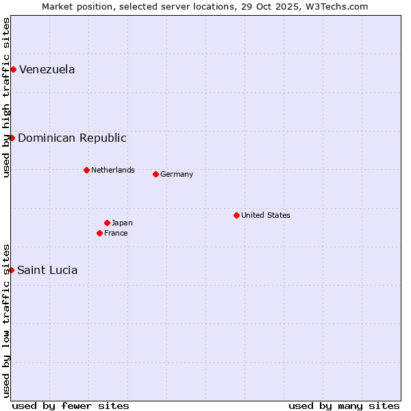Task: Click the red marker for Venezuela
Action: pyautogui.click(x=13, y=69)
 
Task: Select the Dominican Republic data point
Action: pyautogui.click(x=12, y=138)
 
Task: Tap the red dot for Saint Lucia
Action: pyautogui.click(x=11, y=270)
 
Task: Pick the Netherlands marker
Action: pyautogui.click(x=86, y=170)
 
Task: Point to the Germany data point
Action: pyautogui.click(x=155, y=174)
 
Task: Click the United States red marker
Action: pyautogui.click(x=236, y=215)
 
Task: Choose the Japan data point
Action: pyautogui.click(x=107, y=223)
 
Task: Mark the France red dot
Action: pyautogui.click(x=99, y=233)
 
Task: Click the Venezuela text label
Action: pyautogui.click(x=47, y=69)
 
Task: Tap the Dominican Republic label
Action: pyautogui.click(x=72, y=138)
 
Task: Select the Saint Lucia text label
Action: pyautogui.click(x=47, y=270)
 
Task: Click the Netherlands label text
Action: pyautogui.click(x=113, y=170)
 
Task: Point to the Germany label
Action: pyautogui.click(x=177, y=174)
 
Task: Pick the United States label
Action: pyautogui.click(x=266, y=215)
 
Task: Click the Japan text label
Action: pyautogui.click(x=122, y=223)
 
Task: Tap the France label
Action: pyautogui.click(x=116, y=233)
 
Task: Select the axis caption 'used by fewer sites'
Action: pyautogui.click(x=71, y=406)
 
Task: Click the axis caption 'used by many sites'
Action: pyautogui.click(x=344, y=406)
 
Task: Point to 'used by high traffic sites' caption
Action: pyautogui.click(x=6, y=97)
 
